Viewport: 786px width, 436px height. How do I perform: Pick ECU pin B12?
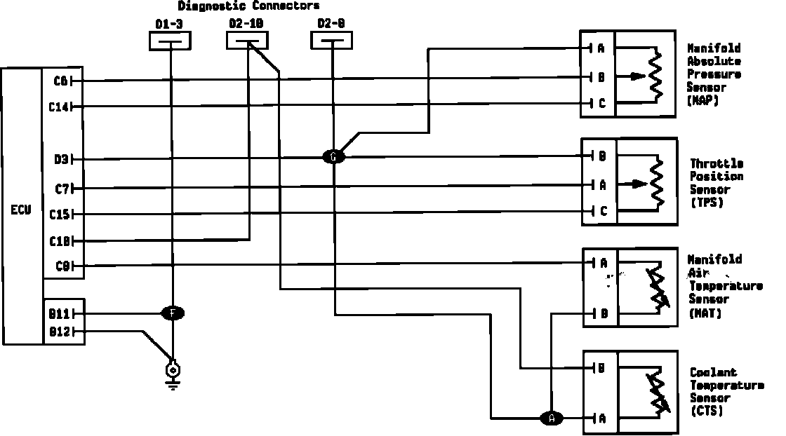59,332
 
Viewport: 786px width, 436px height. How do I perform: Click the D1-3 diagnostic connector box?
170,42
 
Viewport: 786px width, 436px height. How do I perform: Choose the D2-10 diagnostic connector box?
247,42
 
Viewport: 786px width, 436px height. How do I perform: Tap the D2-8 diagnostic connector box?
332,42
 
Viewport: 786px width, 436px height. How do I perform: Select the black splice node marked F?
173,313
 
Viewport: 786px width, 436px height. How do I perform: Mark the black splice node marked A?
552,418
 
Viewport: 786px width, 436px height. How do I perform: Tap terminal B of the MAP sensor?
601,77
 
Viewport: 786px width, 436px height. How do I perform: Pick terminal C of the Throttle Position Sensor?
602,211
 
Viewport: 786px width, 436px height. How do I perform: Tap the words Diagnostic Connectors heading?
249,6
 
